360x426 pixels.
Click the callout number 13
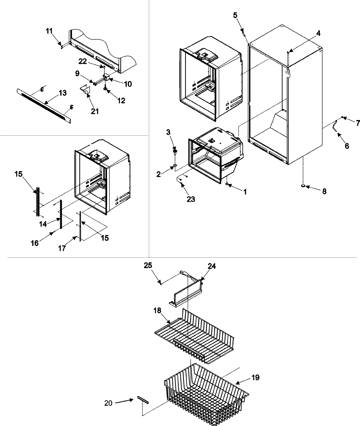62,93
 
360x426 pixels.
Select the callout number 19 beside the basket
256,377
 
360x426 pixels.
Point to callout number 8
324,191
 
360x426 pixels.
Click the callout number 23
191,199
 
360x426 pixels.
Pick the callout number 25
156,266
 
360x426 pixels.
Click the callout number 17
62,249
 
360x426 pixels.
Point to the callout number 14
43,223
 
